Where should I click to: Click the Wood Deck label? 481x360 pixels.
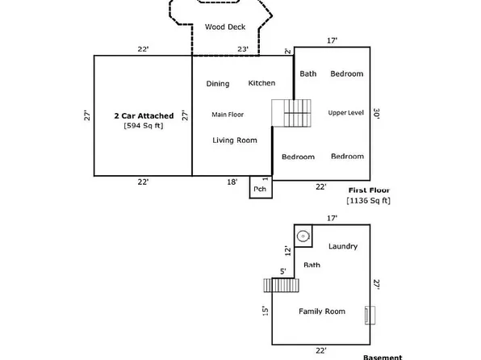224,27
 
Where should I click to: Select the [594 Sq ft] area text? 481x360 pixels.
143,126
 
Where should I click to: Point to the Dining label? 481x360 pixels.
218,84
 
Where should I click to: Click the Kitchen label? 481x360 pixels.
261,83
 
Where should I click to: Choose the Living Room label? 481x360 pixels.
235,140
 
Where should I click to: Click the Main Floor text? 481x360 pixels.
228,115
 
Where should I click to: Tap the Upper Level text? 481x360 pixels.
347,112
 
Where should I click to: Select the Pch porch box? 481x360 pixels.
260,189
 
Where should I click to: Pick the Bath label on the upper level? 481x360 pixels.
308,74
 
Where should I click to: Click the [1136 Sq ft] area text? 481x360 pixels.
368,199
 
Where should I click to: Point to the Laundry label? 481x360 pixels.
343,247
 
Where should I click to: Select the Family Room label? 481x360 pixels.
322,311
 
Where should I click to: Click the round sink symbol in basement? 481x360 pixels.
303,237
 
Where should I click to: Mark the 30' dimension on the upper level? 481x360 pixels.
377,115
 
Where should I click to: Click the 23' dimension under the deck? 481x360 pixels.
243,50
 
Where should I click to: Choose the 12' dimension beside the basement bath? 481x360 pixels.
286,251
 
